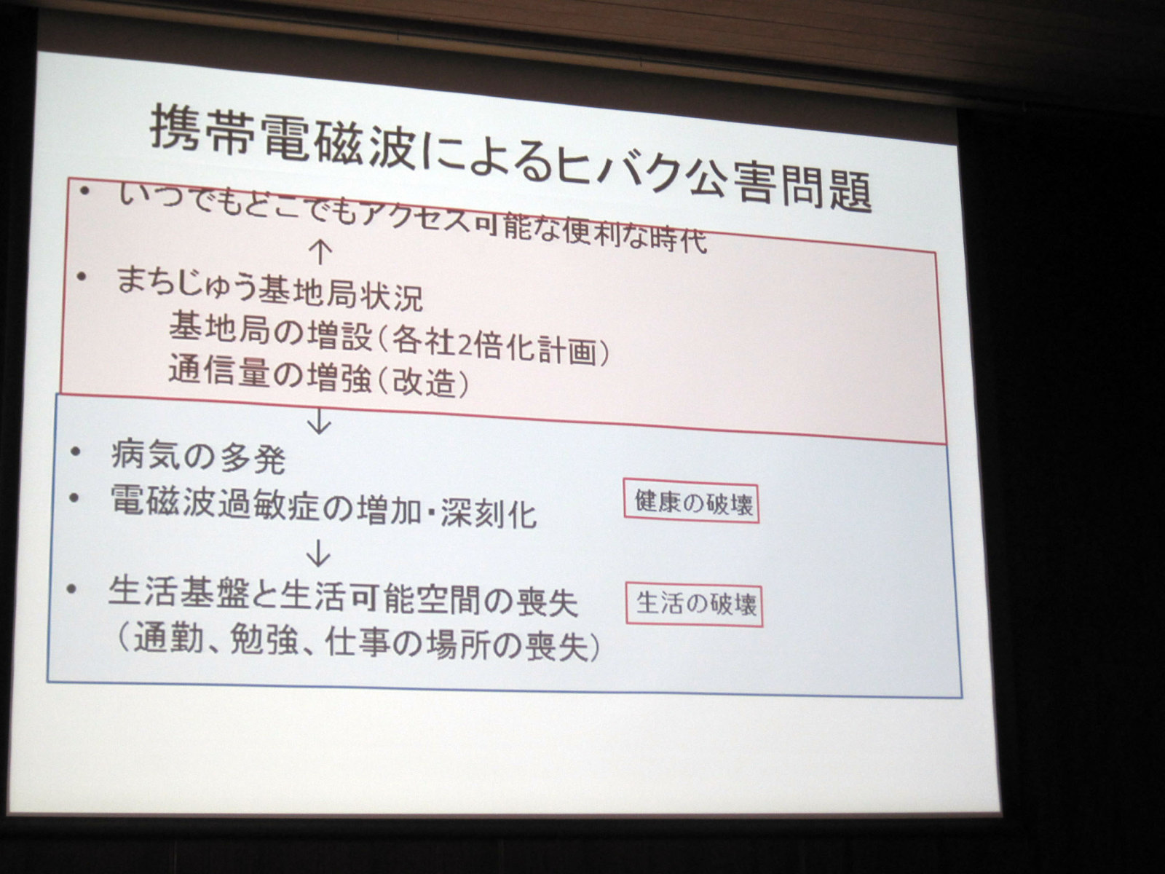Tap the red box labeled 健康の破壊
pos(691,503)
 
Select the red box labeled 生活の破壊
pos(694,605)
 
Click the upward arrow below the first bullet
pos(320,253)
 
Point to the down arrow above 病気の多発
pos(319,422)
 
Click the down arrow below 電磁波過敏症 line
pos(318,554)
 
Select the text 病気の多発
pos(199,458)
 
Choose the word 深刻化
pos(489,513)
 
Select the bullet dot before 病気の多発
pos(76,452)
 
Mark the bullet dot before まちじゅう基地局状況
pos(82,277)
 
